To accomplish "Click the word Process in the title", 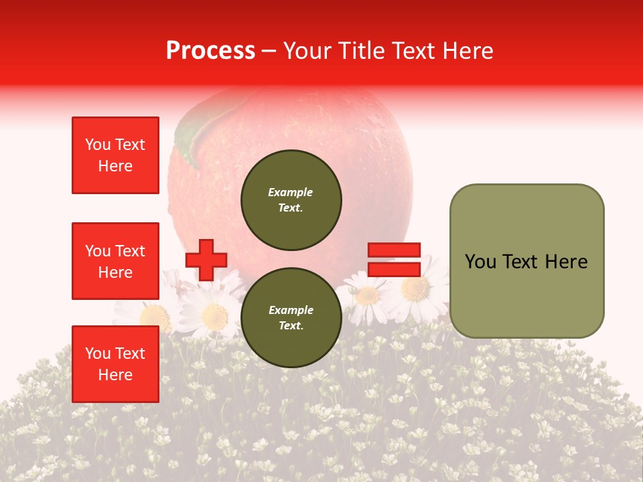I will coord(210,51).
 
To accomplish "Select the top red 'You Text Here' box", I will coord(115,155).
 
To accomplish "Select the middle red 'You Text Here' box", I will coord(115,261).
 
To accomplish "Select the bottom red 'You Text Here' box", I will coord(115,364).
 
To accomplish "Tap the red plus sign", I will coord(206,260).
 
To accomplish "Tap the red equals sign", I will coord(395,260).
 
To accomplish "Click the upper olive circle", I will coord(291,200).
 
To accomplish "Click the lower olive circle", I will coord(291,318).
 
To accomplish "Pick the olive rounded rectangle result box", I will coord(526,261).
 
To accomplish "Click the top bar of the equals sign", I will coord(395,250).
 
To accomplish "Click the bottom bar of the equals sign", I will coord(395,269).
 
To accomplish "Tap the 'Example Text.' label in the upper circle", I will coord(291,200).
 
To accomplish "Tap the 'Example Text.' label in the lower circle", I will coord(291,318).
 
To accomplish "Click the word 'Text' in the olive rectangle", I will coord(525,262).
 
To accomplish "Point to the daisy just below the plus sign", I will coord(214,313).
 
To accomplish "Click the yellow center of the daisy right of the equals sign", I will coord(415,289).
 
